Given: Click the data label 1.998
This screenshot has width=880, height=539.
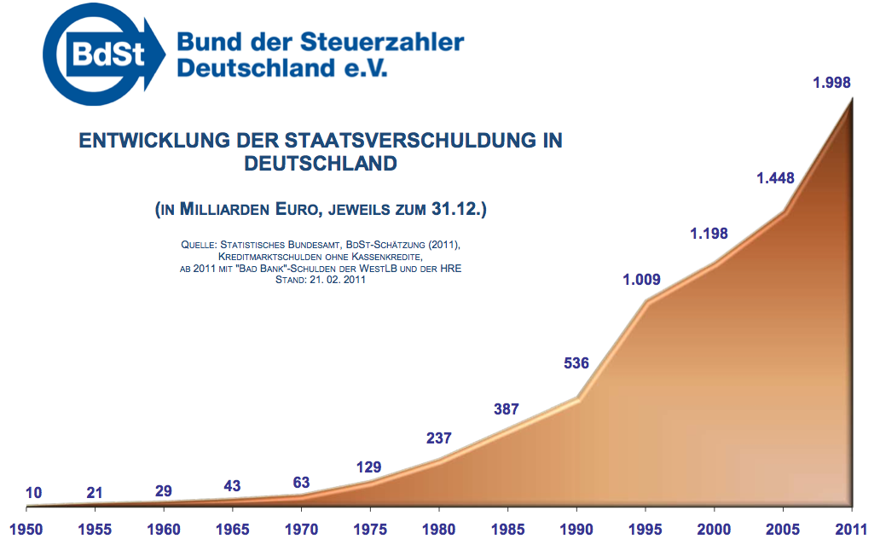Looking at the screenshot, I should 831,83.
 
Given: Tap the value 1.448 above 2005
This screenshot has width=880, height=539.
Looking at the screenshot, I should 775,178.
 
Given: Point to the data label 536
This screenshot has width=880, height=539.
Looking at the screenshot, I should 576,364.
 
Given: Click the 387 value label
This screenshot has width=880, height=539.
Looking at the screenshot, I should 507,409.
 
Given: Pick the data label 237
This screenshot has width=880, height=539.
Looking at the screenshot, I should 438,438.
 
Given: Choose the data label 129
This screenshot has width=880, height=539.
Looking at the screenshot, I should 368,467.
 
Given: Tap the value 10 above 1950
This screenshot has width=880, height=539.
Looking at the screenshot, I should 34,492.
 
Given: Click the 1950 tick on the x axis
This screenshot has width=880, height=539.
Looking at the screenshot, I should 26,530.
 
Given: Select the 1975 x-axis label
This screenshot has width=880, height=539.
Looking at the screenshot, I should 370,530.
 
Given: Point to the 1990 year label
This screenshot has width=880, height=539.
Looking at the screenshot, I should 576,530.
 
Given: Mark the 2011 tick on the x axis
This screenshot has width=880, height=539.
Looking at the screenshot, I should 850,530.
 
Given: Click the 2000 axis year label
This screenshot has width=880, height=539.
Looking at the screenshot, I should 715,530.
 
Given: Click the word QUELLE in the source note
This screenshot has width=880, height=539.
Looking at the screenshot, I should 199,245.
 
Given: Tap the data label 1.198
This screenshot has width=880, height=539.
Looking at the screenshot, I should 709,233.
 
